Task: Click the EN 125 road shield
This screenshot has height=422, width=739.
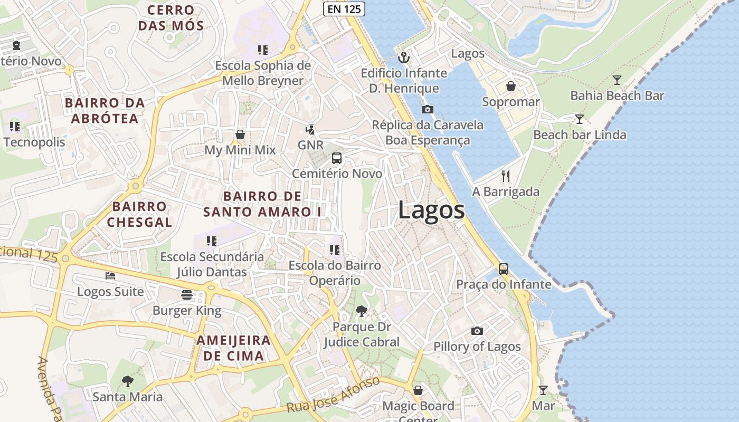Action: coord(344,8)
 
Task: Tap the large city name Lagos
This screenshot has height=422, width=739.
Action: coord(431,210)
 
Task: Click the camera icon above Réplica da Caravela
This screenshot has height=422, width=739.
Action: coord(428,109)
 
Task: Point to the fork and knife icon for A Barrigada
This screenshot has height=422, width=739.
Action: coord(506,176)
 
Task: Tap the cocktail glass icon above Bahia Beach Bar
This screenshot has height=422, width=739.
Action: coord(617,80)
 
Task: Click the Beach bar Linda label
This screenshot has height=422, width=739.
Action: coord(580,135)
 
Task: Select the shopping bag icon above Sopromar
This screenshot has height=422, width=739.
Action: coord(510,85)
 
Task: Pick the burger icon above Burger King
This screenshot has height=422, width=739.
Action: coord(186,294)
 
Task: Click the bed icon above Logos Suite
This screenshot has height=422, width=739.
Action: coord(110,275)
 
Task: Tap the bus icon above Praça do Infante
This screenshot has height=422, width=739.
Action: coord(504,269)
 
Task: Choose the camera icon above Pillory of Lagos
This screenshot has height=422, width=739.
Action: coord(477,331)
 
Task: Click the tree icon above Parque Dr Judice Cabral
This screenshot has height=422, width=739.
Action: coord(362,311)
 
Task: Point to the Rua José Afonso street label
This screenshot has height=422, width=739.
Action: coord(333,395)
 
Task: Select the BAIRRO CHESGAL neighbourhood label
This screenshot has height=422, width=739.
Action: coord(139,214)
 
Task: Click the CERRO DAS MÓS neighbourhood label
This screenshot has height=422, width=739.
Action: coord(170,17)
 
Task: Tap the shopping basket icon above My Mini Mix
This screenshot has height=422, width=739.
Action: coord(240,135)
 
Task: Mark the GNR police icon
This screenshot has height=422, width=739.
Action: coord(310,129)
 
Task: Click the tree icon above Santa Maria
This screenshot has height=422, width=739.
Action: coord(127,381)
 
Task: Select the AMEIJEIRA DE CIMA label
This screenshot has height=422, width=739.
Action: coord(233,348)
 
